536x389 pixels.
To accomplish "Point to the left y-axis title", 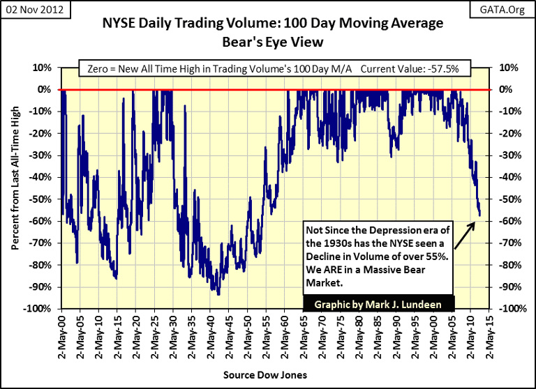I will click(15, 189).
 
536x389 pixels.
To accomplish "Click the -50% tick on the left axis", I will click(43, 199).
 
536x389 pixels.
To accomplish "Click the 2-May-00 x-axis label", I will click(61, 335).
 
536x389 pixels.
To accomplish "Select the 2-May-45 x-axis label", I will click(225, 335).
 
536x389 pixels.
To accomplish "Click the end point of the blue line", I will click(479, 215).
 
